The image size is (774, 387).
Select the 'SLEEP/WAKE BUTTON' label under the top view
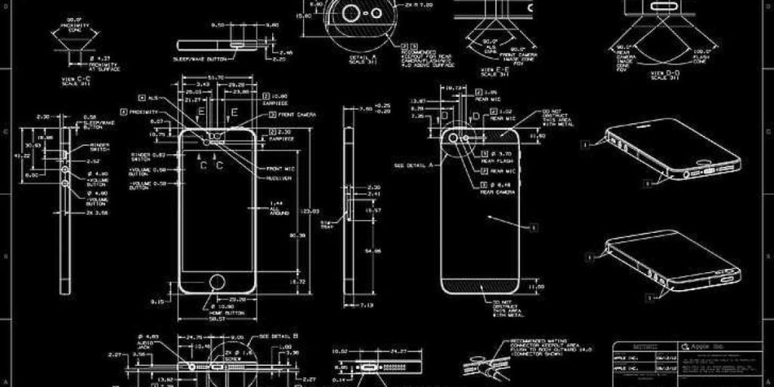(x=200, y=57)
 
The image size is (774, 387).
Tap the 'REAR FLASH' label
(x=501, y=161)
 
